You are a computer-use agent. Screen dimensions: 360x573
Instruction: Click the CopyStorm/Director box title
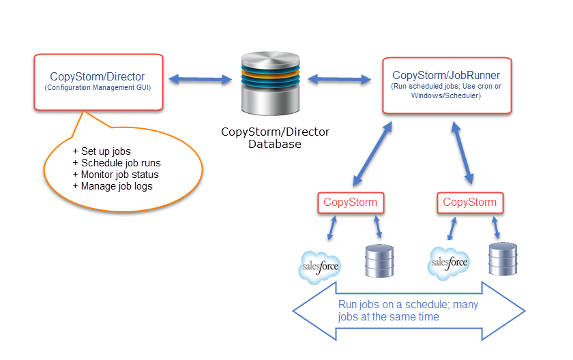click(x=98, y=77)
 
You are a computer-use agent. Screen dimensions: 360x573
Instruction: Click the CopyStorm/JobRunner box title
click(x=446, y=75)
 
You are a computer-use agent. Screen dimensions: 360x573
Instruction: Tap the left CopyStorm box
click(x=350, y=202)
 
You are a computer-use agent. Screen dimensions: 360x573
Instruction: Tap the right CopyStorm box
click(x=469, y=202)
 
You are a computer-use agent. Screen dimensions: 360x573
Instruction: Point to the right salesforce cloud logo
click(x=449, y=262)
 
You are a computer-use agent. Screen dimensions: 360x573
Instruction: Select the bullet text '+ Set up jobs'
click(x=102, y=151)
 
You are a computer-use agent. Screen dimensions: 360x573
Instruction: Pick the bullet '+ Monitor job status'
click(x=117, y=175)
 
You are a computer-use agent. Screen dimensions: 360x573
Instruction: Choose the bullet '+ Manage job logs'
click(x=113, y=186)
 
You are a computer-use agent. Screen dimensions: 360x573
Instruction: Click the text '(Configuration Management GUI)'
click(x=98, y=88)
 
